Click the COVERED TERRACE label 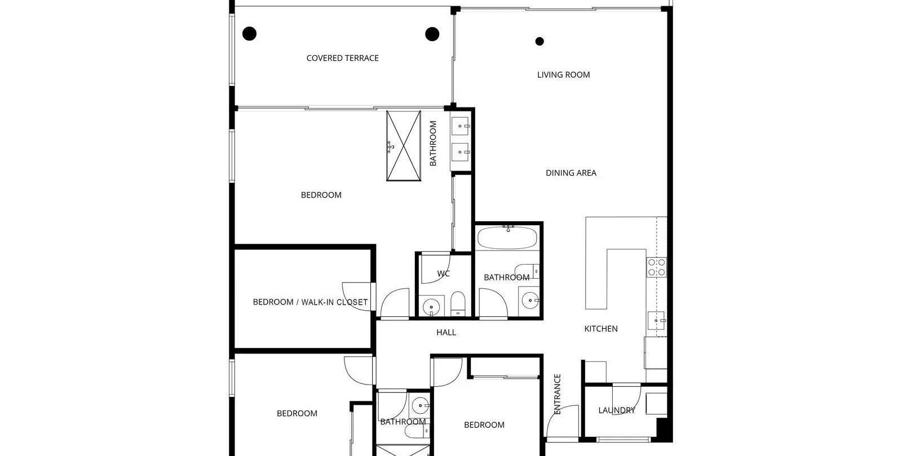click(x=342, y=59)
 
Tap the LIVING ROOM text click(x=563, y=75)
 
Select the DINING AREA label click(x=571, y=173)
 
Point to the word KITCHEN click(x=601, y=329)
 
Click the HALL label click(x=446, y=333)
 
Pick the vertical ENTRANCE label click(x=558, y=394)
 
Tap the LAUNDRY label click(x=617, y=410)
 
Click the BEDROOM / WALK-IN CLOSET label click(x=310, y=302)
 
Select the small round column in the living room click(x=540, y=41)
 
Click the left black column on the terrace click(x=249, y=34)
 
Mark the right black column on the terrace click(x=432, y=34)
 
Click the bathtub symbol click(x=507, y=238)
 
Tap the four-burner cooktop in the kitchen click(x=656, y=267)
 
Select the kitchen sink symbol click(x=656, y=320)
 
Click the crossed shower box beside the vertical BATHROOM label click(x=404, y=146)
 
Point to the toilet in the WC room click(x=457, y=304)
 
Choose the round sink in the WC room click(x=431, y=307)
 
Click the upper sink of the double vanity click(x=460, y=126)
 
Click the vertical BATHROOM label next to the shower click(x=433, y=144)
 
